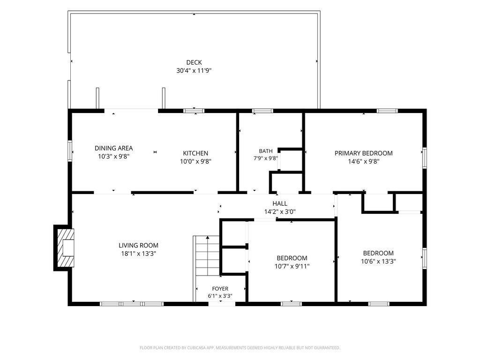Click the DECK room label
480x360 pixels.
(x=194, y=62)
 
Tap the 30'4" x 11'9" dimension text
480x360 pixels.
(x=194, y=71)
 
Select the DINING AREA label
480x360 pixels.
(x=113, y=148)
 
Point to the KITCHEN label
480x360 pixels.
(x=195, y=153)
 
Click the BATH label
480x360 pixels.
(x=266, y=151)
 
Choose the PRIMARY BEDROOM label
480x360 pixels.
(x=364, y=153)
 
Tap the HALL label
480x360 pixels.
(x=280, y=203)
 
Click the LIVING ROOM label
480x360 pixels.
(x=139, y=246)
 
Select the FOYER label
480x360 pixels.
(x=220, y=289)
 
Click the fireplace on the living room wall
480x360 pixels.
(x=64, y=248)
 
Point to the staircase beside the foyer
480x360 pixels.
(x=207, y=255)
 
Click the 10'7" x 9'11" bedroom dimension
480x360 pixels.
(x=292, y=266)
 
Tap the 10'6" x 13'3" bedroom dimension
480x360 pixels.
(x=378, y=262)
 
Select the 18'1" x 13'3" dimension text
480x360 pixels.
(x=139, y=254)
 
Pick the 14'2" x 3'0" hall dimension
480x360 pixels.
(x=280, y=212)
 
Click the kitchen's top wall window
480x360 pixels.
(x=194, y=111)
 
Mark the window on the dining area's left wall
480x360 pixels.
(x=70, y=151)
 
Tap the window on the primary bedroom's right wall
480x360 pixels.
(x=425, y=157)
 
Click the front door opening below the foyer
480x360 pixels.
(x=222, y=304)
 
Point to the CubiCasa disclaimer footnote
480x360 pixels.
(x=240, y=348)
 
